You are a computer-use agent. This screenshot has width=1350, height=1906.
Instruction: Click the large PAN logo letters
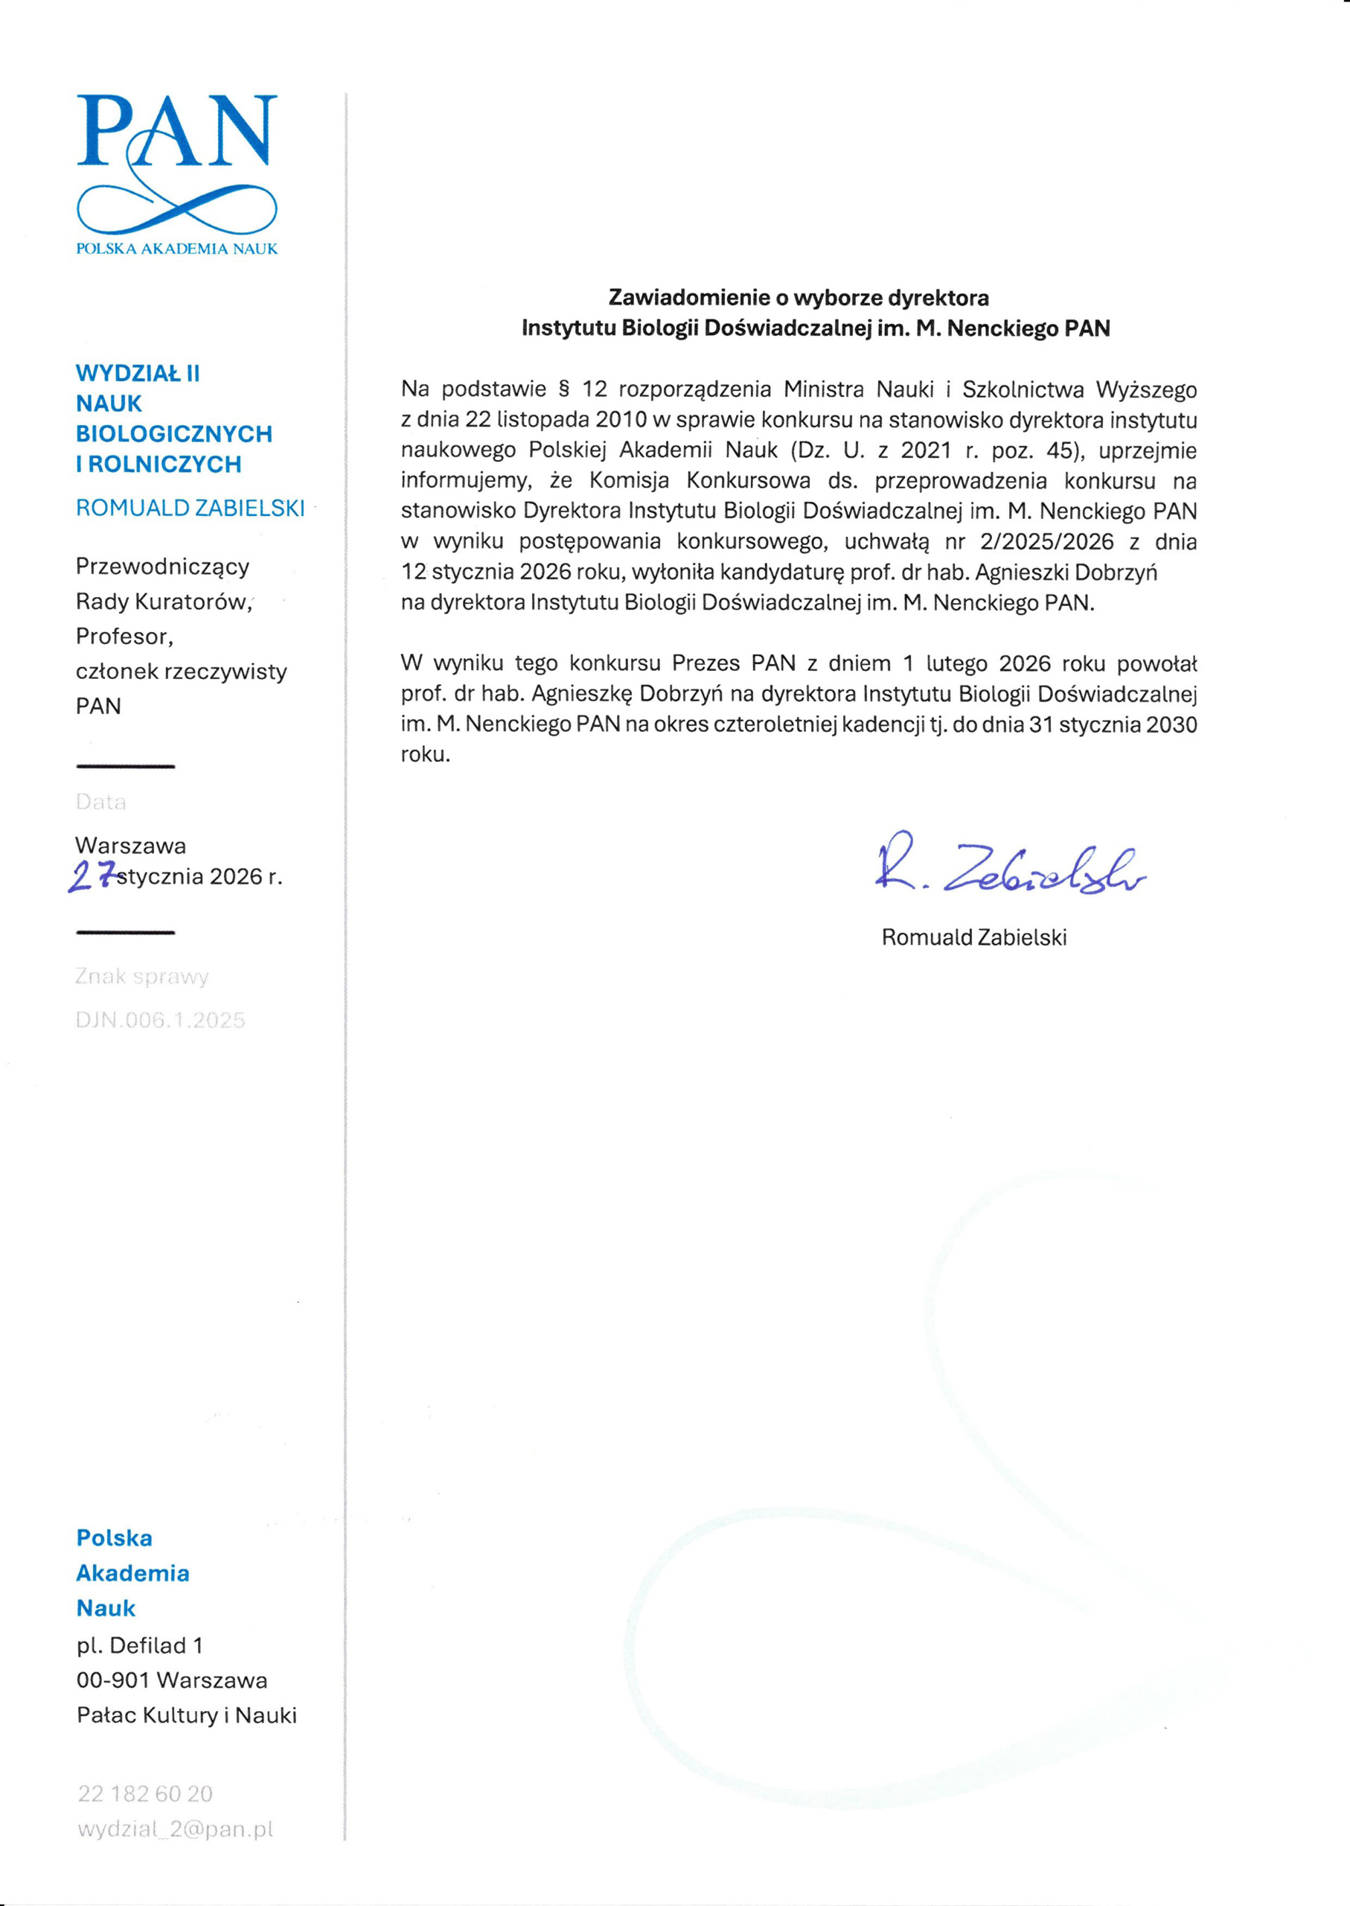[176, 131]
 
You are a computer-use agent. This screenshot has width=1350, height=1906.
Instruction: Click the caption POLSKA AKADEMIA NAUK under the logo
[176, 249]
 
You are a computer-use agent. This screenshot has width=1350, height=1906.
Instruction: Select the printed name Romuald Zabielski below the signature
[973, 937]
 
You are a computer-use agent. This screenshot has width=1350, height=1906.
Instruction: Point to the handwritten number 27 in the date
[92, 876]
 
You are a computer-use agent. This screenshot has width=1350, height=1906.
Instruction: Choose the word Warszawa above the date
[130, 846]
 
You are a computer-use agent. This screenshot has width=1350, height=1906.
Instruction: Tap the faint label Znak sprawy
[141, 976]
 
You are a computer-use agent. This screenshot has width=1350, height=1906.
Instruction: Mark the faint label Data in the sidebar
[100, 802]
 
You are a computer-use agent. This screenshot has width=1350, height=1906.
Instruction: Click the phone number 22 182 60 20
[145, 1794]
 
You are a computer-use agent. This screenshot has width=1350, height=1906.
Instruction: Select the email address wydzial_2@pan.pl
[175, 1829]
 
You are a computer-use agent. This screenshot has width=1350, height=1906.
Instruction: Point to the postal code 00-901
[113, 1680]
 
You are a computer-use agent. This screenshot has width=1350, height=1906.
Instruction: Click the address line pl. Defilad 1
[140, 1645]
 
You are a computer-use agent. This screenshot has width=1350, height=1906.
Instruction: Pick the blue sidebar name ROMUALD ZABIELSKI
[191, 508]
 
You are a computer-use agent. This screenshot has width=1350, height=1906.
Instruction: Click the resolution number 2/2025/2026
[1046, 542]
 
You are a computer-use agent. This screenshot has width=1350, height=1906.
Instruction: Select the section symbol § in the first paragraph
[563, 389]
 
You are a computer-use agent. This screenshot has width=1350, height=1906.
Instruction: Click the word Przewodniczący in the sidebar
[162, 567]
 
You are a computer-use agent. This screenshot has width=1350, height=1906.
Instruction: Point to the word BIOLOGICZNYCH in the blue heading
[173, 434]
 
